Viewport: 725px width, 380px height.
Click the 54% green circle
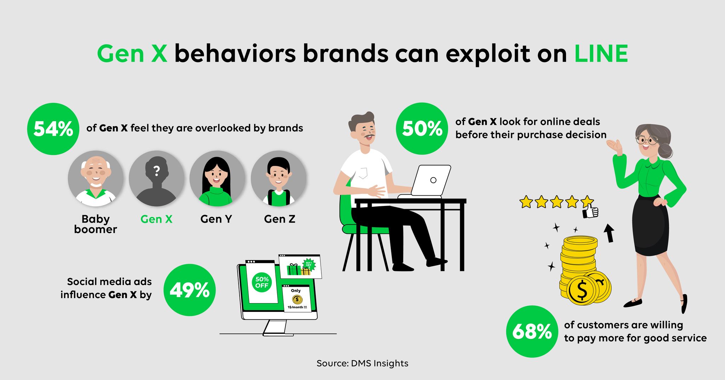(53, 129)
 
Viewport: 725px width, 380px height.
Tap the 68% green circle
(532, 331)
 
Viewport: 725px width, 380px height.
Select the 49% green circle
(190, 290)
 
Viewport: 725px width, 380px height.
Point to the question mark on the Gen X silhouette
(156, 171)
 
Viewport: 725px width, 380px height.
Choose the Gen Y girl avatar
(217, 179)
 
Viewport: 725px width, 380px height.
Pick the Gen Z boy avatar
(279, 179)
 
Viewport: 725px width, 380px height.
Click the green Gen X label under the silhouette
(156, 219)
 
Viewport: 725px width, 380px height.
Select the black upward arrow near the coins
(609, 233)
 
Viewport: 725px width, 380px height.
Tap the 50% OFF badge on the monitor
(262, 282)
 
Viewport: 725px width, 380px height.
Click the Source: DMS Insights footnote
(362, 363)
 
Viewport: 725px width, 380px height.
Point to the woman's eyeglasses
(647, 140)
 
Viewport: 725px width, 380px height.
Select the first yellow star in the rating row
(526, 202)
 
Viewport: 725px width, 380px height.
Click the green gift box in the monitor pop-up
(293, 269)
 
